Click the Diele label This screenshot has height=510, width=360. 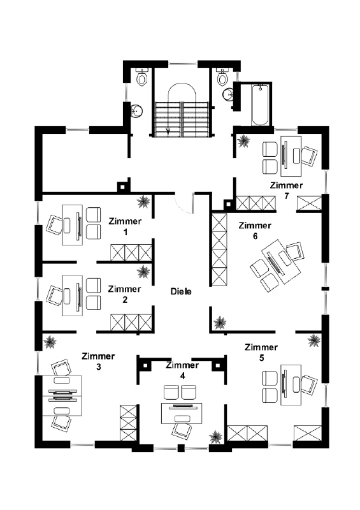point(181,291)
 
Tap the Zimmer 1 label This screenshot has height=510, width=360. point(125,227)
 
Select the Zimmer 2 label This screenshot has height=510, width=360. point(124,295)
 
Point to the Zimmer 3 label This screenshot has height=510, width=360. point(98,361)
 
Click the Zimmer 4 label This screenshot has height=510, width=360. point(182,370)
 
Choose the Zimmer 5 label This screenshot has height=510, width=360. point(261,353)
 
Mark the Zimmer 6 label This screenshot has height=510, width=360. point(255,231)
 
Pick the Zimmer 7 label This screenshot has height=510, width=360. point(287,191)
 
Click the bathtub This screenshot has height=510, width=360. point(261,105)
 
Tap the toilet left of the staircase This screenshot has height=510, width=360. point(142,76)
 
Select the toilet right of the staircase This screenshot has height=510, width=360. point(223,76)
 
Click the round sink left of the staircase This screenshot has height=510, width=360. point(137,110)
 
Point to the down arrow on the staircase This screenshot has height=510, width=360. point(168,131)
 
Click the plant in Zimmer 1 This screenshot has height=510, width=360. point(143,201)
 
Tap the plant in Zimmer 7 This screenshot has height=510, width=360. point(243,141)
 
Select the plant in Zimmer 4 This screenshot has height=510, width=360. point(215,437)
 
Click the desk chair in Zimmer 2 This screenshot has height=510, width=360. point(55,295)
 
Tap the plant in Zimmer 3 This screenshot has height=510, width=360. point(50,342)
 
